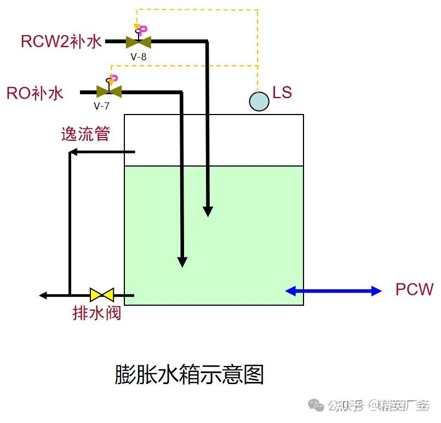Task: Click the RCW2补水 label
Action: (61, 42)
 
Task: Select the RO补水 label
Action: (35, 93)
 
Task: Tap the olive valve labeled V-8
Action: (139, 42)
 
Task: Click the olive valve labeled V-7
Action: (108, 92)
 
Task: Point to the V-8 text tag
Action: (139, 55)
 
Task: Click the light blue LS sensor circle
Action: (259, 101)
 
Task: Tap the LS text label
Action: (282, 93)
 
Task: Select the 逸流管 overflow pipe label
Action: (85, 134)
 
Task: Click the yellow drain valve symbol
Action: (102, 295)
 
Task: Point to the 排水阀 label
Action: (96, 313)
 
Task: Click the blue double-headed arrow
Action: (333, 291)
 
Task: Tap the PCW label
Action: (414, 290)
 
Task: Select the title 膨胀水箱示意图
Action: (189, 375)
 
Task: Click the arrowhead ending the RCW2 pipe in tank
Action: (208, 211)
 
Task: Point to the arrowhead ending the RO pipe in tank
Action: (182, 262)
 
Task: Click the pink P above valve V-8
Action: (142, 30)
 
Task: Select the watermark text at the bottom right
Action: (378, 405)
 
